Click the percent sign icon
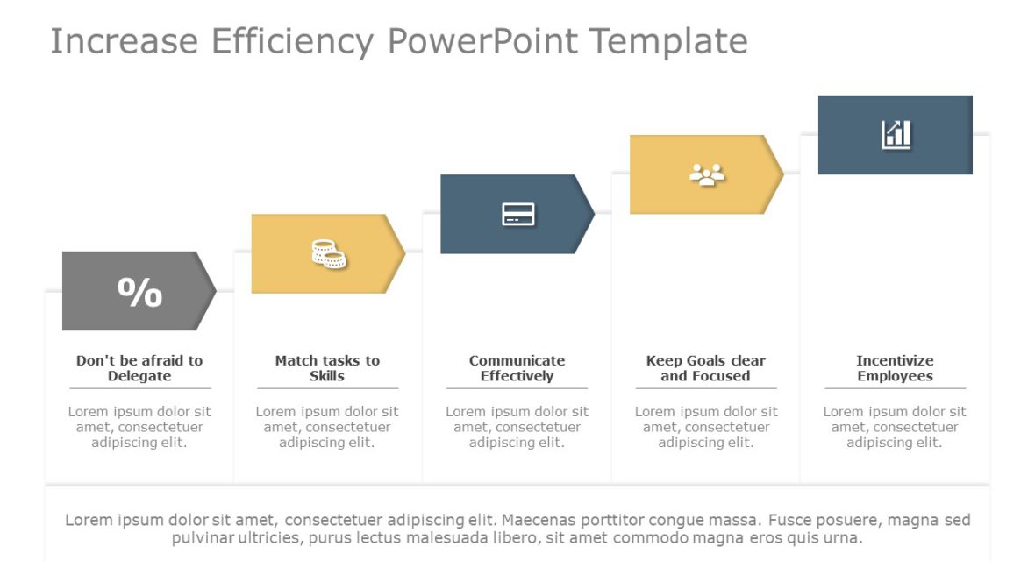(x=139, y=292)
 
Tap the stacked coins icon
(x=329, y=254)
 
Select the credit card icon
(x=518, y=214)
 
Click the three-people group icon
(x=707, y=174)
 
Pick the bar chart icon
(x=896, y=135)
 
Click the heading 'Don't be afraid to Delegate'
(x=139, y=368)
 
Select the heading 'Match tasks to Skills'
(x=327, y=368)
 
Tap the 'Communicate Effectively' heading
(x=517, y=368)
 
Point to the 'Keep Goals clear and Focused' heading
(x=705, y=368)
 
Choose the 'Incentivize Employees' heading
(x=895, y=368)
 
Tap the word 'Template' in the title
(x=668, y=41)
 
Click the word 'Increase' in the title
(x=123, y=41)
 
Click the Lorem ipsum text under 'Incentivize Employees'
(x=895, y=427)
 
